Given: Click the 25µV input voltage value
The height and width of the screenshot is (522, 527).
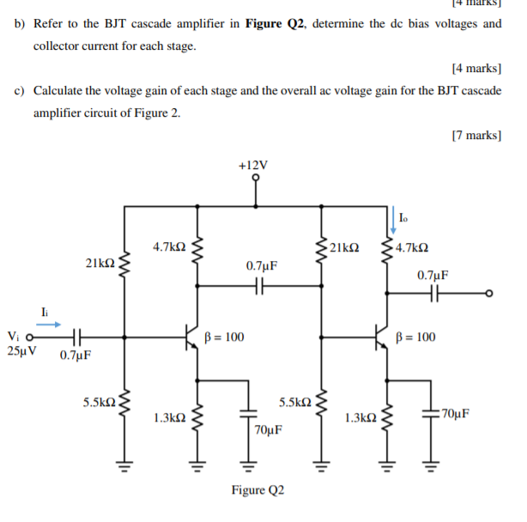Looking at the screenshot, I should point(21,350).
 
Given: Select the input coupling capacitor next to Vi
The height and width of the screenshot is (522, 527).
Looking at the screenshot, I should point(76,337).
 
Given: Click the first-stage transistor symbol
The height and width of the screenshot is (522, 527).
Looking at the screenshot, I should point(192,337).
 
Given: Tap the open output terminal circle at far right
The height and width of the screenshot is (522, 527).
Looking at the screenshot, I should point(488,293).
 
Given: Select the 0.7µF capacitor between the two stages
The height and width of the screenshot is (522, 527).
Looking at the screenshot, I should point(261,288).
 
